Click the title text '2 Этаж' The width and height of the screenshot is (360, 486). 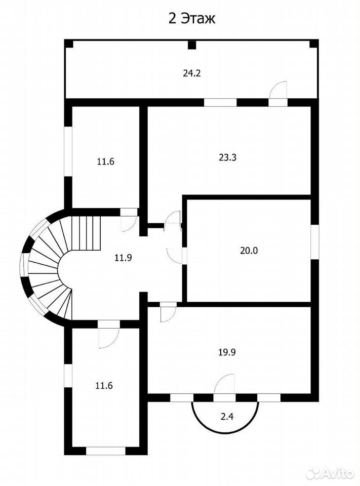(192, 19)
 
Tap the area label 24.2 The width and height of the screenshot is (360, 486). (191, 73)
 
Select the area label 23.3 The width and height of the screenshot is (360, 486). (228, 157)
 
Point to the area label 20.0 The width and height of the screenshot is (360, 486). (249, 251)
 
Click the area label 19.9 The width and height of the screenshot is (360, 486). (227, 352)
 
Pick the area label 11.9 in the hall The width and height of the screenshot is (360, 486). (123, 257)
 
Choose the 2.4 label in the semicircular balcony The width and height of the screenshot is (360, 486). (227, 417)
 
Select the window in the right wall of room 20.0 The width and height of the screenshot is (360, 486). (315, 241)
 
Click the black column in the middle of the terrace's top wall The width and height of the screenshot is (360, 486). (192, 46)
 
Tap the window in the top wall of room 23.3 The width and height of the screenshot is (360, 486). (220, 103)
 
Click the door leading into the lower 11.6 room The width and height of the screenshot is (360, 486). (108, 335)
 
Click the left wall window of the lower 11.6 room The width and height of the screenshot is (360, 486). (68, 375)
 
